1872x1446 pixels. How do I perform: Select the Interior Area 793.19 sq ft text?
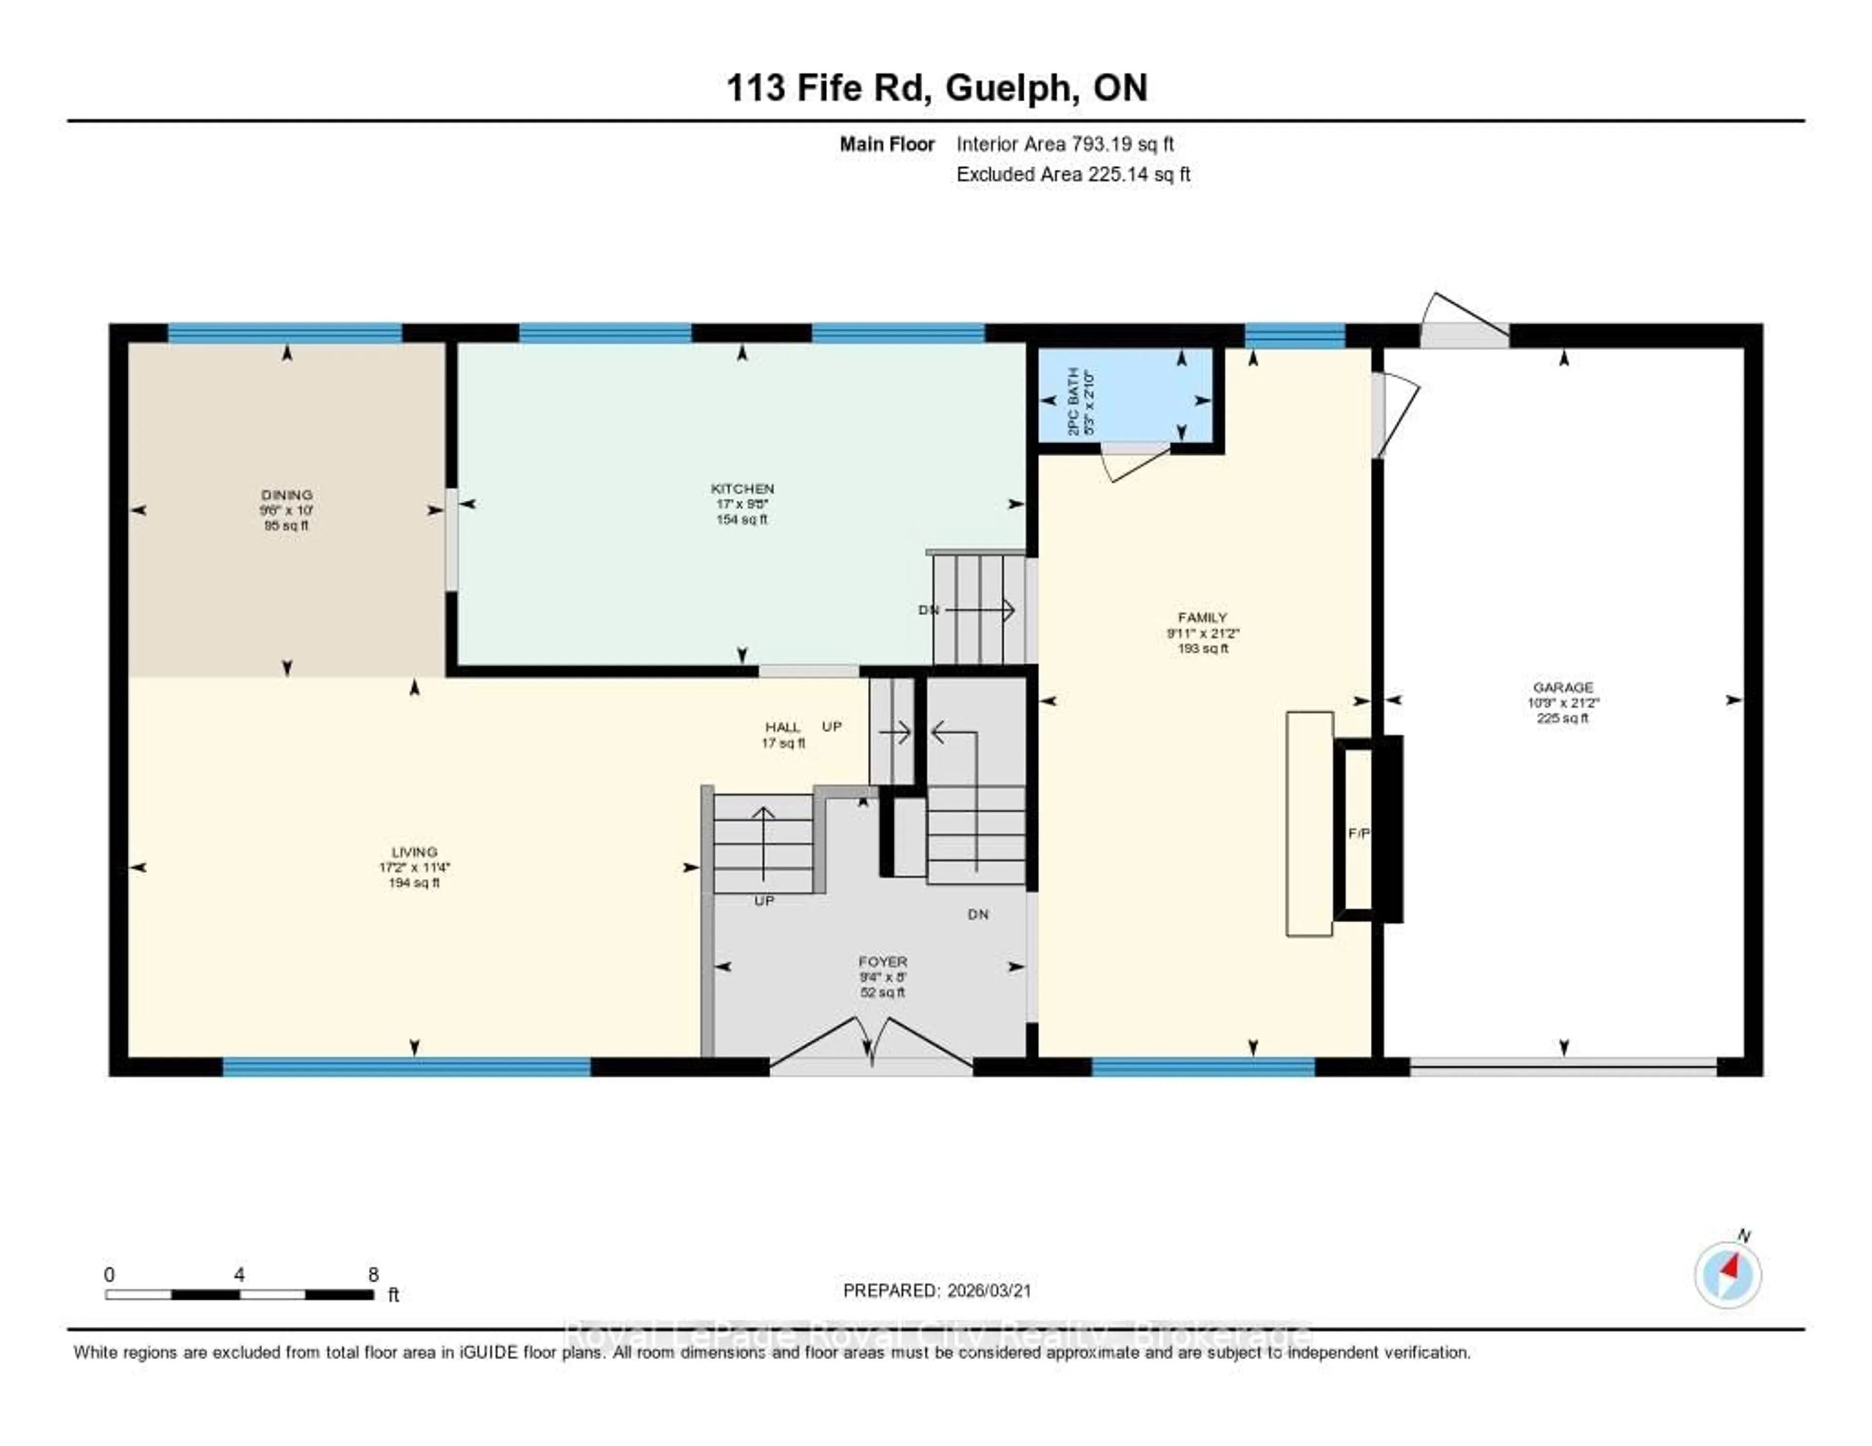point(1065,144)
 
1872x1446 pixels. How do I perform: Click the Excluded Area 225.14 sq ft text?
point(1073,174)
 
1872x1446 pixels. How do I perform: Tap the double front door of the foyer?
point(871,1046)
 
